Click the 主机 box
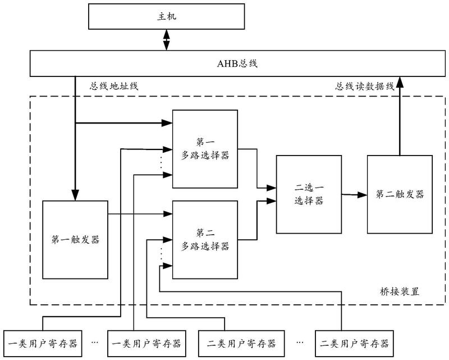pyautogui.click(x=167, y=18)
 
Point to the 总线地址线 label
pyautogui.click(x=114, y=86)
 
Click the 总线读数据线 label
pyautogui.click(x=365, y=86)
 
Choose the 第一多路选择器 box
pyautogui.click(x=205, y=148)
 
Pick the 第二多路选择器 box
pyautogui.click(x=205, y=239)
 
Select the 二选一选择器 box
pyautogui.click(x=308, y=194)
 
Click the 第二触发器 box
pyautogui.click(x=399, y=194)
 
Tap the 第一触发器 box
pyautogui.click(x=75, y=239)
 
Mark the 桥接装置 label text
pyautogui.click(x=398, y=292)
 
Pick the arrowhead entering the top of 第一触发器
pyautogui.click(x=75, y=194)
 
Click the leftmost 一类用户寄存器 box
pyautogui.click(x=43, y=343)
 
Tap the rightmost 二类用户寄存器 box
pyautogui.click(x=352, y=343)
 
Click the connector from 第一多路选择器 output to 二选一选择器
pyautogui.click(x=258, y=168)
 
